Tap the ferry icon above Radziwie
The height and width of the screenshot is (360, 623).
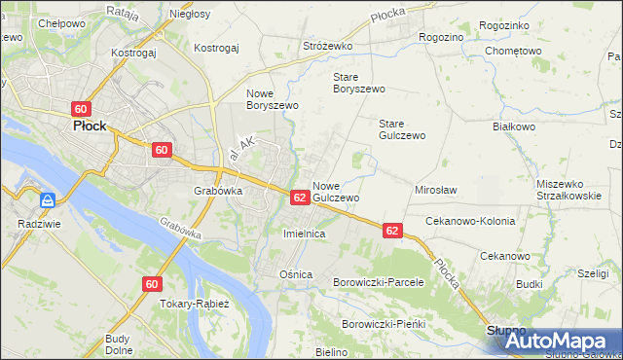pyautogui.click(x=47, y=201)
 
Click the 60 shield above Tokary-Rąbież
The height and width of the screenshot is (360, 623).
pyautogui.click(x=151, y=284)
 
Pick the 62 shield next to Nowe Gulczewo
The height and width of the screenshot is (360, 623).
pyautogui.click(x=300, y=197)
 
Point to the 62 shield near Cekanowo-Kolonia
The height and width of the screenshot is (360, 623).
pyautogui.click(x=392, y=231)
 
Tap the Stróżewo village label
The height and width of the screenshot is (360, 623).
pyautogui.click(x=327, y=46)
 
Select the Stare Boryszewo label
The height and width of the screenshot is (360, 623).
pyautogui.click(x=359, y=82)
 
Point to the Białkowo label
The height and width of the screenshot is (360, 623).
pyautogui.click(x=515, y=126)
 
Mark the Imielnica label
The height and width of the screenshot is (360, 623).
pyautogui.click(x=303, y=234)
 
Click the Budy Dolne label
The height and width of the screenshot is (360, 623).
pyautogui.click(x=119, y=343)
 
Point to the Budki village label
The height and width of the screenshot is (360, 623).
pyautogui.click(x=530, y=284)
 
